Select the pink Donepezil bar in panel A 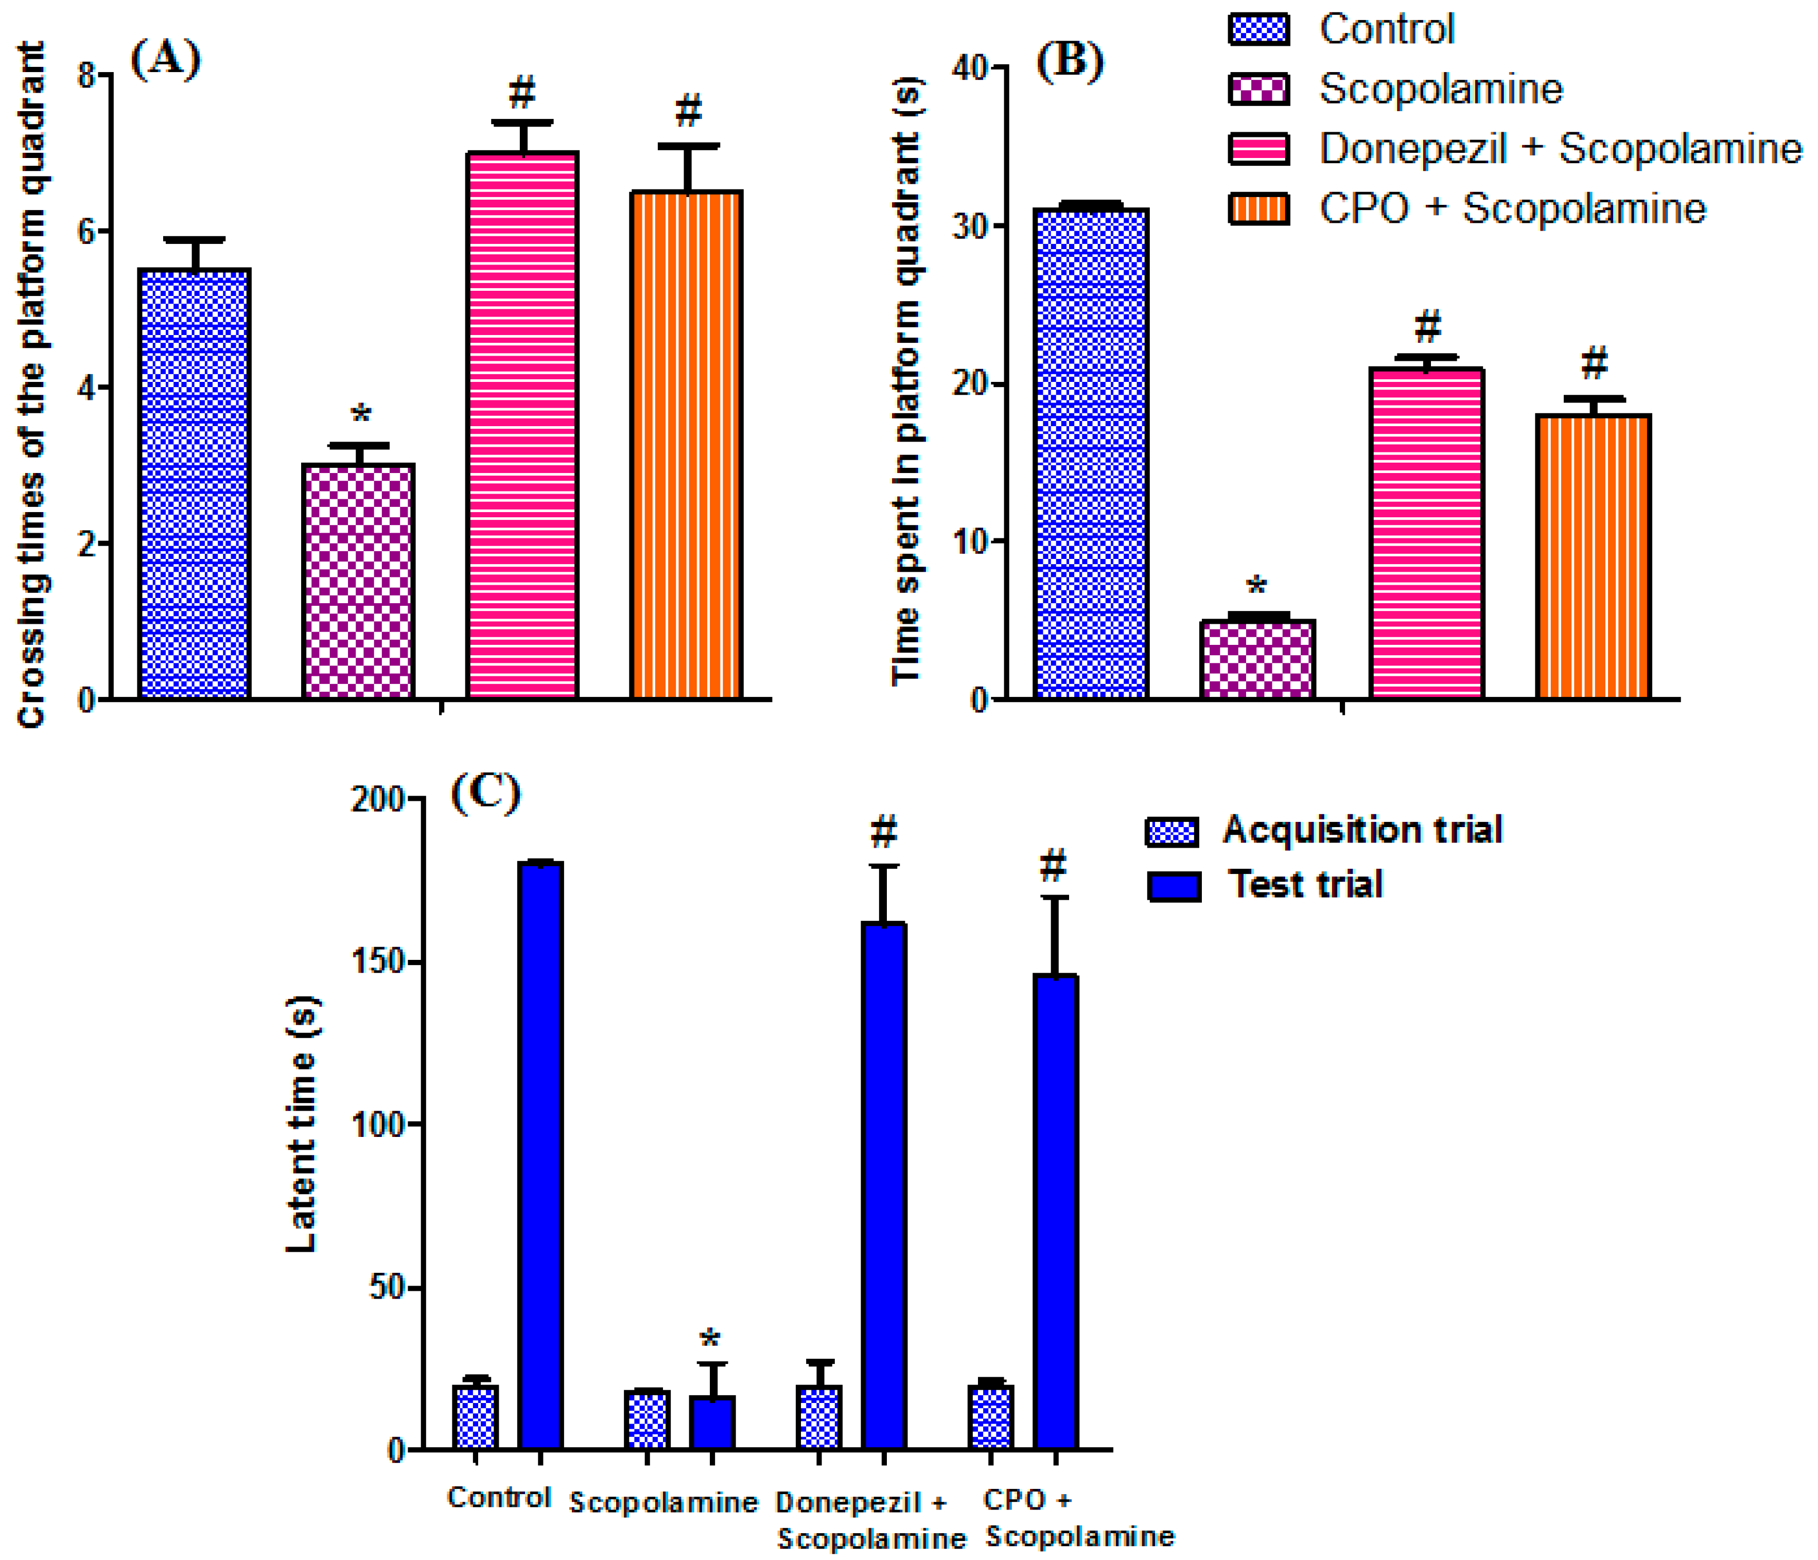tap(522, 426)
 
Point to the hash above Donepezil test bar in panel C tap(884, 830)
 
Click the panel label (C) tap(485, 792)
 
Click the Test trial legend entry tap(1305, 884)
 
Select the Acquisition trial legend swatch tap(1172, 831)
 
